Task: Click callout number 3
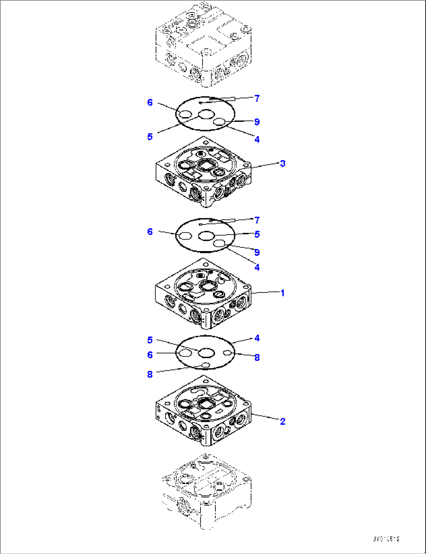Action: [283, 163]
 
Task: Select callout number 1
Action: [283, 293]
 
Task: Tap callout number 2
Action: [283, 421]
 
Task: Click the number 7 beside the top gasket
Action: [257, 98]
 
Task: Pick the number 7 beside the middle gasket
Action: [257, 220]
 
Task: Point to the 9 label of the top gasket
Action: [257, 122]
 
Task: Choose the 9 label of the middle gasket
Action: [257, 252]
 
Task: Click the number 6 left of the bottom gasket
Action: [150, 354]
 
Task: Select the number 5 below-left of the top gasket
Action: [150, 137]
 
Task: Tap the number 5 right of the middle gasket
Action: [257, 234]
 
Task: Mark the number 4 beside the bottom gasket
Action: [257, 338]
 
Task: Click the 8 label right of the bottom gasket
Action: [257, 357]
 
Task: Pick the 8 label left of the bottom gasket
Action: [150, 374]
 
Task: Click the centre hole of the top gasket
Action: [206, 114]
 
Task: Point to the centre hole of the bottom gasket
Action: [206, 353]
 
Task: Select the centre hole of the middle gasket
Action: [206, 235]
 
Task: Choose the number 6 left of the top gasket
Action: [150, 103]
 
